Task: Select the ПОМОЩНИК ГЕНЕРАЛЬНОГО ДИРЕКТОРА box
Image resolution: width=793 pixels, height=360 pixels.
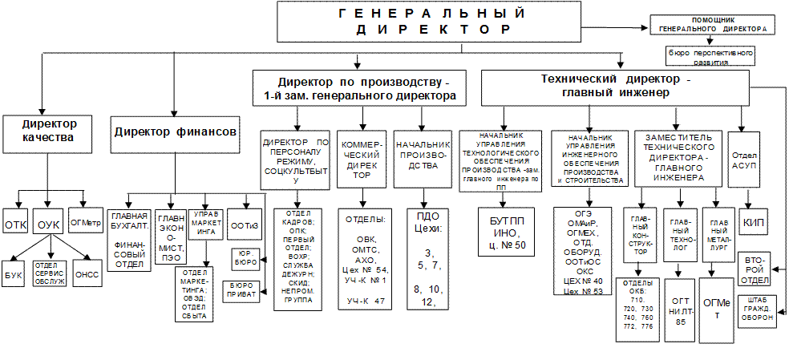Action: (x=712, y=22)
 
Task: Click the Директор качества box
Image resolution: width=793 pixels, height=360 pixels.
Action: (x=51, y=131)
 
